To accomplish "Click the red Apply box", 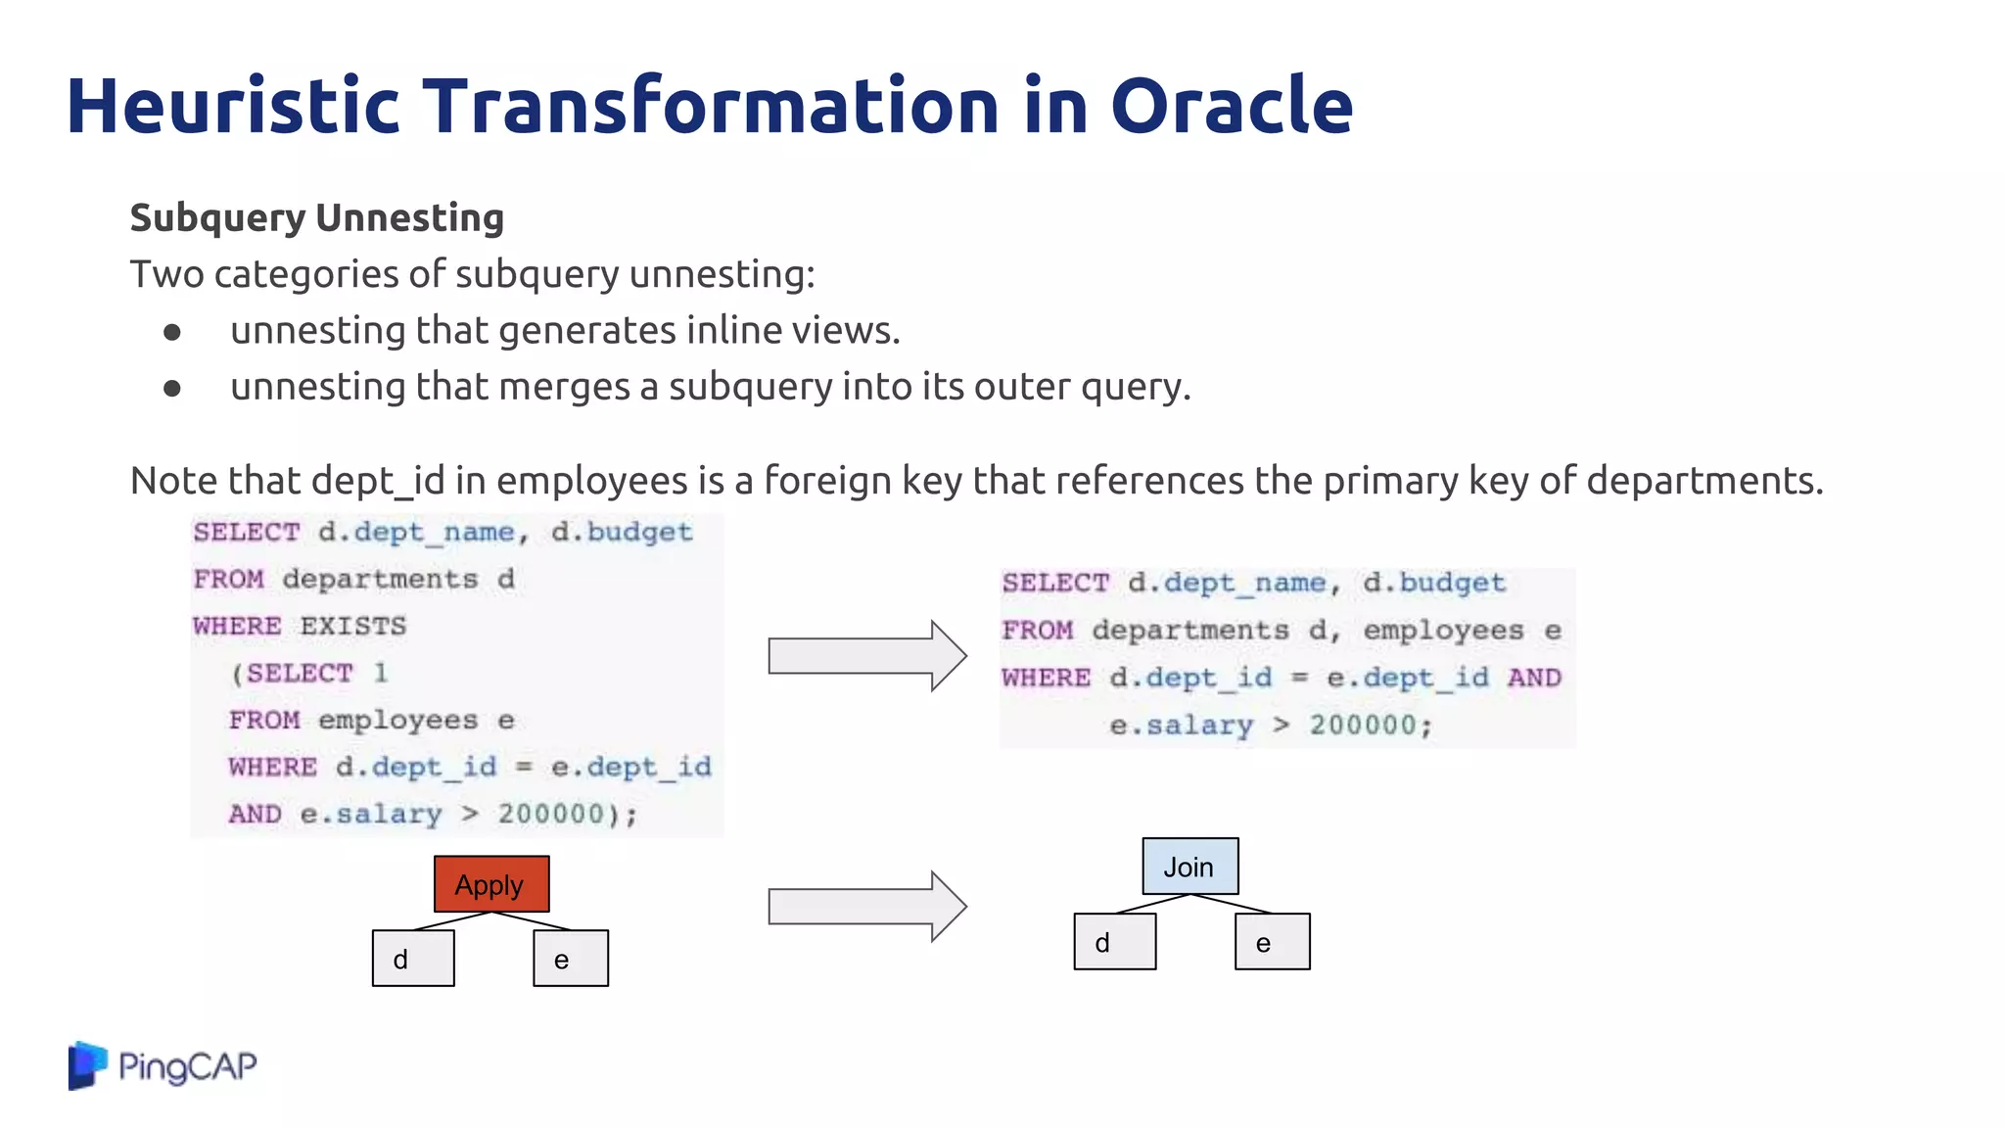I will (x=491, y=884).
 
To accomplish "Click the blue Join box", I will (x=1189, y=867).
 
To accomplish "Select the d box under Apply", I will (x=413, y=959).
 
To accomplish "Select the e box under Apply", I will (x=571, y=959).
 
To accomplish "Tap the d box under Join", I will (x=1114, y=942).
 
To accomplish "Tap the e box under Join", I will (x=1272, y=942).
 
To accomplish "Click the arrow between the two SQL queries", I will (x=866, y=656).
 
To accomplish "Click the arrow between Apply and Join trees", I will (x=866, y=907).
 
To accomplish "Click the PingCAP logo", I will (x=163, y=1065).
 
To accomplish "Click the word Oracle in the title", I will (x=1231, y=106).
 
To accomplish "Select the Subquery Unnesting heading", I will (x=316, y=217).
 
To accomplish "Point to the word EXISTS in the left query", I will (x=352, y=627).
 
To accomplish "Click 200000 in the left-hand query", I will (x=551, y=815).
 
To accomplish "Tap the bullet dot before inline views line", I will (x=172, y=333).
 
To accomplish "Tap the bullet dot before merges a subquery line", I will (x=172, y=389).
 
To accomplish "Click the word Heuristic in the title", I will (x=233, y=106).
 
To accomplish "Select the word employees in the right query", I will (x=1443, y=631).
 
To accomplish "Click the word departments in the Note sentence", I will (x=1703, y=481).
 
